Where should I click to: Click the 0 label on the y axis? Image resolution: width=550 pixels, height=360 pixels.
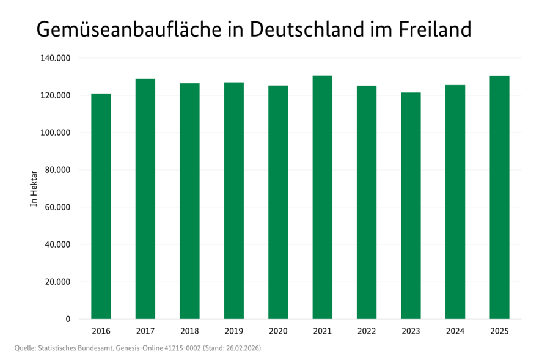[x=67, y=319]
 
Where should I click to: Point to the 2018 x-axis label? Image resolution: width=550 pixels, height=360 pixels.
[x=189, y=331]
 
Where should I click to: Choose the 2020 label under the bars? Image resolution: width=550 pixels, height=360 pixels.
[x=278, y=331]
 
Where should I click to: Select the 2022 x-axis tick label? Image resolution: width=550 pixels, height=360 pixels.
[x=367, y=331]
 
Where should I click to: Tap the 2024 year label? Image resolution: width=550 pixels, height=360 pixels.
[x=455, y=331]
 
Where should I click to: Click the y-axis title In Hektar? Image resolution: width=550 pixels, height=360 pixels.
[x=34, y=188]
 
